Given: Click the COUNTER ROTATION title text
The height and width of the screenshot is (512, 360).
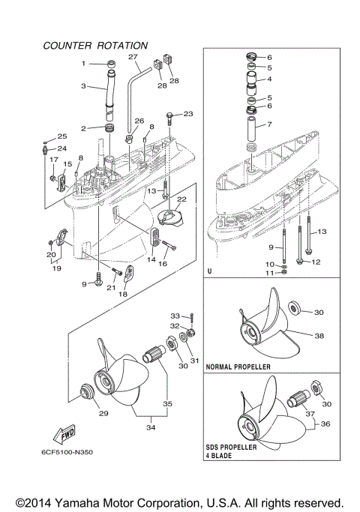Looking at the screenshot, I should coord(95,46).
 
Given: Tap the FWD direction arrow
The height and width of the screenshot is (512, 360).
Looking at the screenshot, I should coord(64,435).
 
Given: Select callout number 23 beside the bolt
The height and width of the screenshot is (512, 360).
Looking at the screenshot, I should coord(188,114).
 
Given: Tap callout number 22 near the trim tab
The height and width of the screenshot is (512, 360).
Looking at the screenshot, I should coord(181,199).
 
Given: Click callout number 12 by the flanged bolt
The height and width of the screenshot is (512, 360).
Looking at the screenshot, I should coord(316,262).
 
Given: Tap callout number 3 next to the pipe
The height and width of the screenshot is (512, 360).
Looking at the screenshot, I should coord(84,86).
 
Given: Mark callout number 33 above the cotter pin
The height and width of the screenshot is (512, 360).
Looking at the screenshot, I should coord(175,315).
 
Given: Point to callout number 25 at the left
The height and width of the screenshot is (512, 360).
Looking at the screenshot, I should coord(62,136).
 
